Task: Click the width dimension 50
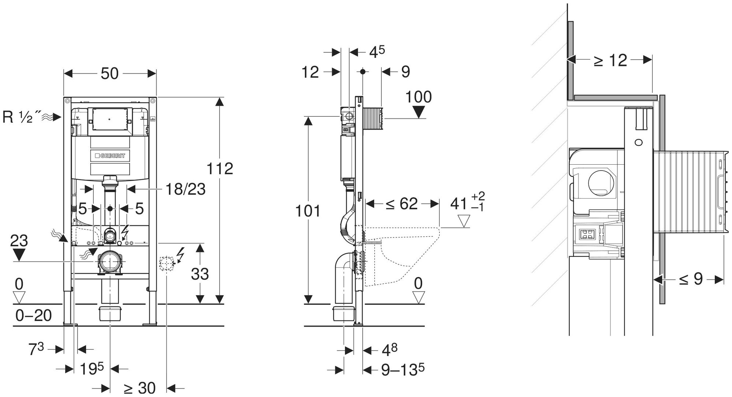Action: click(x=110, y=74)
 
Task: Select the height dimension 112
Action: click(x=220, y=169)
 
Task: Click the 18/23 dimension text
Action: click(x=185, y=189)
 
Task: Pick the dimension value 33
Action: click(x=200, y=274)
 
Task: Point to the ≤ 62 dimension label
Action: click(x=402, y=204)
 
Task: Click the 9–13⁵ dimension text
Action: click(x=403, y=370)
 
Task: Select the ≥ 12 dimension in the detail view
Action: click(x=610, y=60)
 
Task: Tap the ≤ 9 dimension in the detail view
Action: click(x=691, y=280)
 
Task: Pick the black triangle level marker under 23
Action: click(x=19, y=254)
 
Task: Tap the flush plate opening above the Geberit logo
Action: click(x=110, y=119)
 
